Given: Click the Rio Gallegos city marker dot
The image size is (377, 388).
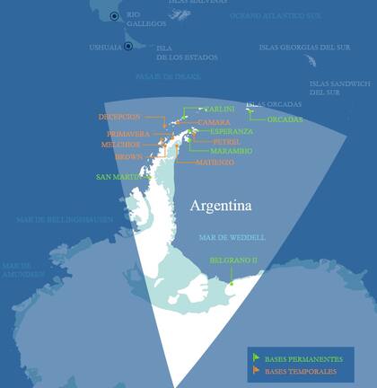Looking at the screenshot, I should [x=114, y=16].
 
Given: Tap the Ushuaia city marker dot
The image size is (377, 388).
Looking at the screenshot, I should [x=128, y=46].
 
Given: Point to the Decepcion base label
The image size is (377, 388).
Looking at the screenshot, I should [x=119, y=117].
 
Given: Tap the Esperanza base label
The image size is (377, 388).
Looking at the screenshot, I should [x=231, y=131].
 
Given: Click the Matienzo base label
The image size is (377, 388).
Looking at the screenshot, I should [x=215, y=163].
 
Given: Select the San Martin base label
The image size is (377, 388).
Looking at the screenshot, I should [x=119, y=177].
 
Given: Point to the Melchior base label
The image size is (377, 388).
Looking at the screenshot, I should [x=120, y=145].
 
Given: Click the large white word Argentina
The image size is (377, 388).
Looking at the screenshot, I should [x=221, y=206].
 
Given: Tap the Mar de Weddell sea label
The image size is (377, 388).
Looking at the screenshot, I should [x=232, y=237].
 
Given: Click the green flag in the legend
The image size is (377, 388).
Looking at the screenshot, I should [x=256, y=357].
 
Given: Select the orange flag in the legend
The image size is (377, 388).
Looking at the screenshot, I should [x=256, y=369].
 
